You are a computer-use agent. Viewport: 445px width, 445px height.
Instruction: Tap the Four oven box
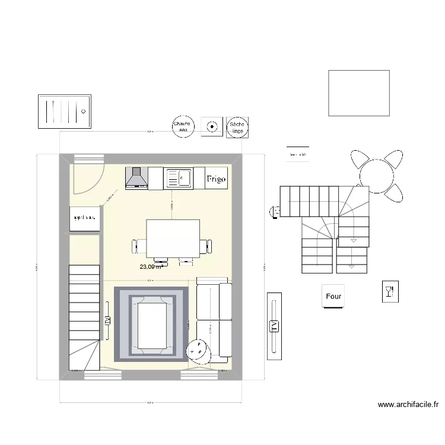(334, 296)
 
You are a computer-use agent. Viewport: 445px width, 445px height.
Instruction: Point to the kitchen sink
(177, 177)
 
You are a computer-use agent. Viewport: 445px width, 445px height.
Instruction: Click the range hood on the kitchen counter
(136, 178)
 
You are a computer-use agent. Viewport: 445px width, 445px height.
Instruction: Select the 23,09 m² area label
(151, 267)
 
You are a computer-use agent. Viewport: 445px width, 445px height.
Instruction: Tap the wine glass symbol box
(390, 291)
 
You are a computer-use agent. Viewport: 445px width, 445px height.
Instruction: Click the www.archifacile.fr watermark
(408, 406)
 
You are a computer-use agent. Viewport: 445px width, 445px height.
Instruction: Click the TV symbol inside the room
(108, 320)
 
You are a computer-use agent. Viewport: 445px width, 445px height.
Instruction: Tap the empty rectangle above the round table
(359, 93)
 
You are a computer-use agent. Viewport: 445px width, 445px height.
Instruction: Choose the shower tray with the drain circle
(64, 111)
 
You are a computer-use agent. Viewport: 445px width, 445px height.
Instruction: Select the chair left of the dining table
(139, 244)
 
